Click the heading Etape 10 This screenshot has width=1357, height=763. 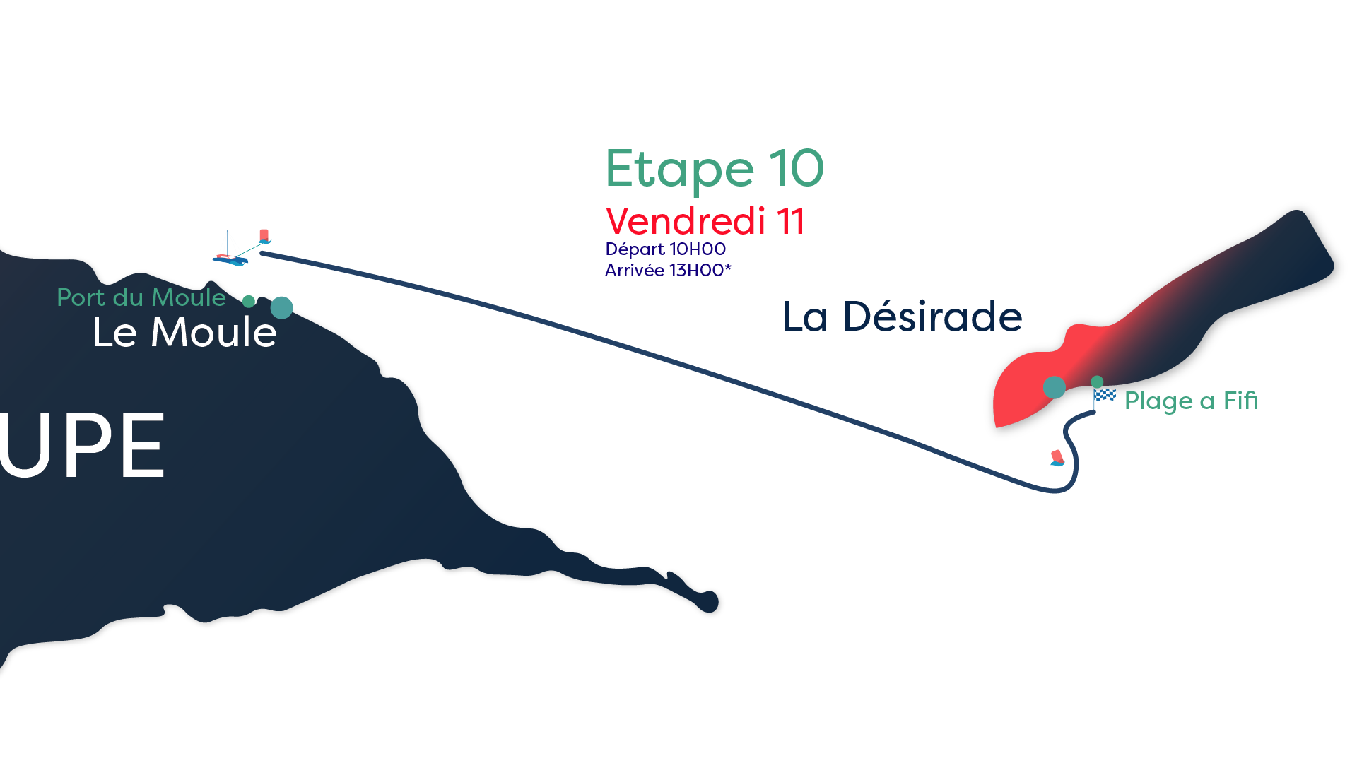pos(714,170)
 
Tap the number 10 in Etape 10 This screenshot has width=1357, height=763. pos(796,169)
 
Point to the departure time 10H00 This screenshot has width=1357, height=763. pos(698,249)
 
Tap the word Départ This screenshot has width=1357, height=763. pos(635,249)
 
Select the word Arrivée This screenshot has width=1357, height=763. pos(634,271)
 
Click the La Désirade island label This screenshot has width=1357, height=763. pos(902,317)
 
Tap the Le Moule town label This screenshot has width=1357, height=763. pos(184,332)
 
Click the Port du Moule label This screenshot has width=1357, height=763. pos(141,297)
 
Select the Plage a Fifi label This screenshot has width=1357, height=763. pos(1191,401)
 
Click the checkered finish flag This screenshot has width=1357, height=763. pos(1104,396)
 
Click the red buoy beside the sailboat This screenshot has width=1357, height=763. pos(264,236)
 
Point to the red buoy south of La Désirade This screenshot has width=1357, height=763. pos(1057,458)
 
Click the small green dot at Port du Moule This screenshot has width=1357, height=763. pos(249,302)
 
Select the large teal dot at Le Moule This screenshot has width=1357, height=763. pos(281,307)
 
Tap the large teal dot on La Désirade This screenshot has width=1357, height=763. pos(1054,387)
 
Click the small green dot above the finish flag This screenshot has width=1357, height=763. pos(1097,381)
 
